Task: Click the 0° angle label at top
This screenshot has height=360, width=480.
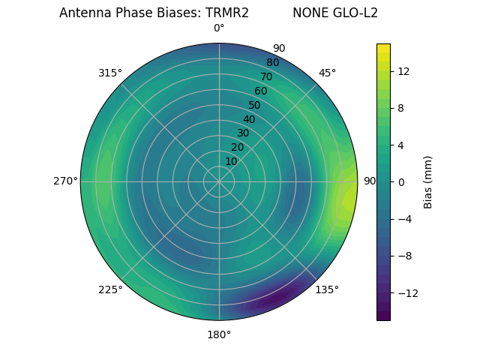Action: tap(219, 28)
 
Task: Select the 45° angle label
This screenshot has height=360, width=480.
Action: tap(327, 73)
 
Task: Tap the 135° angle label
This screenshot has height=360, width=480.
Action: tap(327, 289)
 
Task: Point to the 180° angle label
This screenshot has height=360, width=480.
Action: tap(219, 334)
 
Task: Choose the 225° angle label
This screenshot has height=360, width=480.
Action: tap(110, 289)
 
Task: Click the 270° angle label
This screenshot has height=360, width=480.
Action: tap(65, 181)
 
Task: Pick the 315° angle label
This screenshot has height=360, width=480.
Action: tap(110, 73)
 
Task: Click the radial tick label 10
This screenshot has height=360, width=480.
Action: tap(231, 161)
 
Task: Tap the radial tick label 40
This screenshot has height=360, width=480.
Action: tap(249, 119)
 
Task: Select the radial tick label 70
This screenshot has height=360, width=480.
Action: tap(266, 76)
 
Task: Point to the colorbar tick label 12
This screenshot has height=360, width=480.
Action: tap(403, 71)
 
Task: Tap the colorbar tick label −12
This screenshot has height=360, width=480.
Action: tap(403, 292)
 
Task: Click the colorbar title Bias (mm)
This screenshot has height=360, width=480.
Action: tap(428, 181)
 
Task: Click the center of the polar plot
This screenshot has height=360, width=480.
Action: tap(219, 181)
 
